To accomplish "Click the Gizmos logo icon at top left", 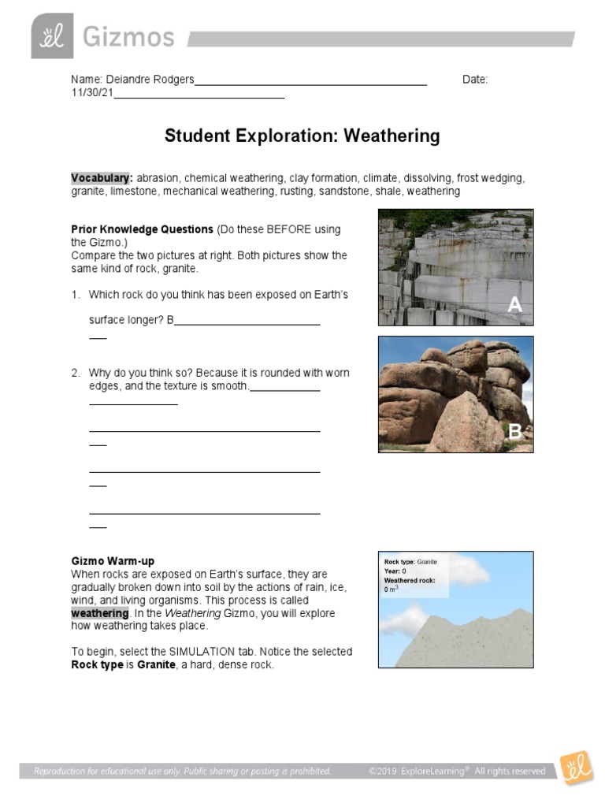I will (x=52, y=36).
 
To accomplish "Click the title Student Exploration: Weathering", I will (x=302, y=136).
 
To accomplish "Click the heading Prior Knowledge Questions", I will (x=142, y=229).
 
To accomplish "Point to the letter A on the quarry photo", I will (x=514, y=305).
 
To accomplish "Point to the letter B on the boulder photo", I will (x=514, y=431).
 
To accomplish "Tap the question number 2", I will (x=76, y=373).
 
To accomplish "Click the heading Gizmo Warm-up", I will (x=113, y=561).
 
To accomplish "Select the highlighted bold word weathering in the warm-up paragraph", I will (x=99, y=613).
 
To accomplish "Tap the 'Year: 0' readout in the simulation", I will (x=395, y=571).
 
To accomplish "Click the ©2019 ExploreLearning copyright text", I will (x=456, y=771).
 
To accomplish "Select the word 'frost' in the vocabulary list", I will (x=470, y=178).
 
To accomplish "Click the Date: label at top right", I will (x=475, y=80).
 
